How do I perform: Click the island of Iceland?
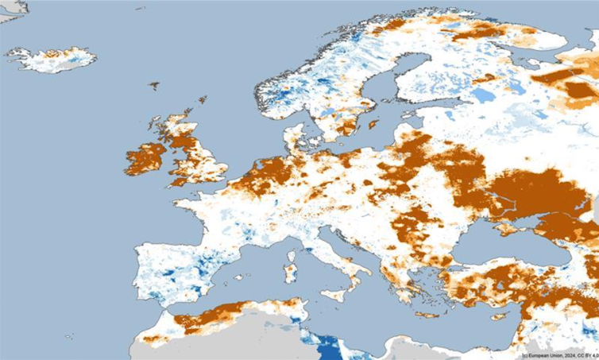click(52, 59)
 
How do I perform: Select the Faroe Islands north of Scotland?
click(154, 85)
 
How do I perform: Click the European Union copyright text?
click(559, 354)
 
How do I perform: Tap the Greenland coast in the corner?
click(12, 8)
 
